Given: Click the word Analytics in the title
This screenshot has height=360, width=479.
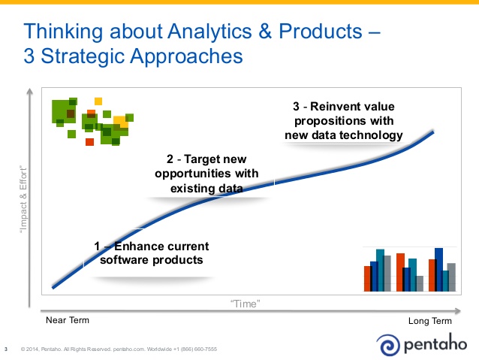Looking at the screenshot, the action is pos(210,32).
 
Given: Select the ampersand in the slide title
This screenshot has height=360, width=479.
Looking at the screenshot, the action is pos(265,32).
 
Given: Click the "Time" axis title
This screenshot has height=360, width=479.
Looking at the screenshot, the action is pos(245,304).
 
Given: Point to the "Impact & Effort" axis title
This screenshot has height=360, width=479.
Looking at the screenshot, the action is pos(23,200).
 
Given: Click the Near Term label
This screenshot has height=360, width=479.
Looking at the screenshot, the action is pos(68,320).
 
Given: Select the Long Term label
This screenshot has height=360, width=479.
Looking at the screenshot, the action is pos(429,321).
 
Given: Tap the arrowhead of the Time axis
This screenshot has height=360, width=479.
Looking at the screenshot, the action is pos(458,311).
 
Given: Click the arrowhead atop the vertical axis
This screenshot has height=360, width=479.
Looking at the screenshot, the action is pos(29,91).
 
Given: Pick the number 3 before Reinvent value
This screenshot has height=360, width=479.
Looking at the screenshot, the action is pos(296,107).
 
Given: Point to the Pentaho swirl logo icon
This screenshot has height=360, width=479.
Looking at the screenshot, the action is pos(388,345).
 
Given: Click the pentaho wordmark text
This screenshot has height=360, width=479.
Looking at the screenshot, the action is pos(435,343).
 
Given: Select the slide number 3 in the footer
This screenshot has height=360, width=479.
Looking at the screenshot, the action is pos(6,349).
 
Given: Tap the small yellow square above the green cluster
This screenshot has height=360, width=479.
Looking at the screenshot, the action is pos(98,101).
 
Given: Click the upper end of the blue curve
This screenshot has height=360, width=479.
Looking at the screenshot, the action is pos(433,132).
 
